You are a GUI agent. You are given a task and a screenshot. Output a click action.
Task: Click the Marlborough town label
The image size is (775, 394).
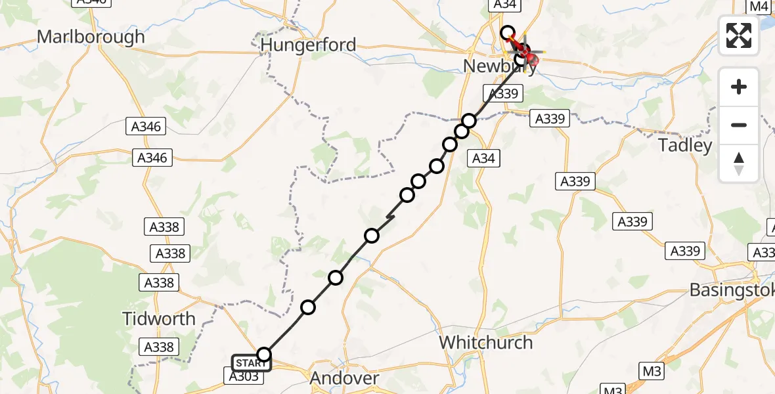(x=91, y=37)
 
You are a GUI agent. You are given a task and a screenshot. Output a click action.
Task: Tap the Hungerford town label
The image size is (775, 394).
(x=308, y=45)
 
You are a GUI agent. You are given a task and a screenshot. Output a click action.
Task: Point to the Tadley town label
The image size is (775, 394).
(x=685, y=145)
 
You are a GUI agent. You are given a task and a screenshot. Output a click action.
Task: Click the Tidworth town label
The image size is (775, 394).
(x=159, y=319)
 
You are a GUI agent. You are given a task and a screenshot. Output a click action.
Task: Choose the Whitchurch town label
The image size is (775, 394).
(x=485, y=342)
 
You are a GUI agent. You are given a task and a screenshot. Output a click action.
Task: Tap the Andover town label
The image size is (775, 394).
(x=344, y=378)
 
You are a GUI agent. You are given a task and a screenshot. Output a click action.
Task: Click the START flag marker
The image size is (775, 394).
(x=251, y=363)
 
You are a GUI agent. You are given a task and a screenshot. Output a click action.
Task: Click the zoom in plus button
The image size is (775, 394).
(x=739, y=87)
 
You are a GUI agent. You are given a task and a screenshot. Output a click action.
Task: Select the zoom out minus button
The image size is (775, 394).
(x=739, y=125)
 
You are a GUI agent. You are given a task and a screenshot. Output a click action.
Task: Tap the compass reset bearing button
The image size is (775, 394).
(x=739, y=164)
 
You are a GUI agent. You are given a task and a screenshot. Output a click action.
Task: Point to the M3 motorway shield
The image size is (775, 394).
(x=652, y=372)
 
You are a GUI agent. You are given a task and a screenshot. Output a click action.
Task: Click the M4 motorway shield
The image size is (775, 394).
(x=759, y=7)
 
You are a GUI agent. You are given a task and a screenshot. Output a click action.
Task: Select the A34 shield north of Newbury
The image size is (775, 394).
(x=504, y=5)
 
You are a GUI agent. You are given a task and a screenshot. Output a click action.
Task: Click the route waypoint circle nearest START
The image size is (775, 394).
(x=263, y=355)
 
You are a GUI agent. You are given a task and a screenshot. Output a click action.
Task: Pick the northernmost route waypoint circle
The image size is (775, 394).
(x=507, y=32)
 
